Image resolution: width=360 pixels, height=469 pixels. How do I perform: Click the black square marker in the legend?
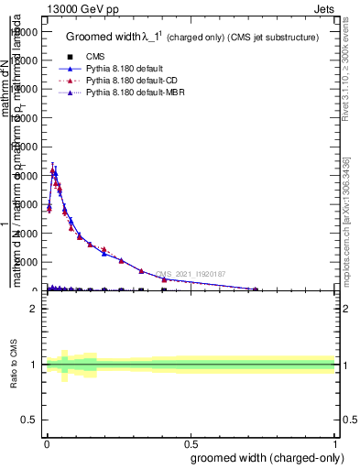pos(71,57)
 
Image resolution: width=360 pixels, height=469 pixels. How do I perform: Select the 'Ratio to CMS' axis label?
pos(15,364)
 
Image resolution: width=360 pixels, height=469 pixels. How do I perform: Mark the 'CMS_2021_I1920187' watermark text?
pos(191,274)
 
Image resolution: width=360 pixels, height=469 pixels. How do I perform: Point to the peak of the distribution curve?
pos(53,169)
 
